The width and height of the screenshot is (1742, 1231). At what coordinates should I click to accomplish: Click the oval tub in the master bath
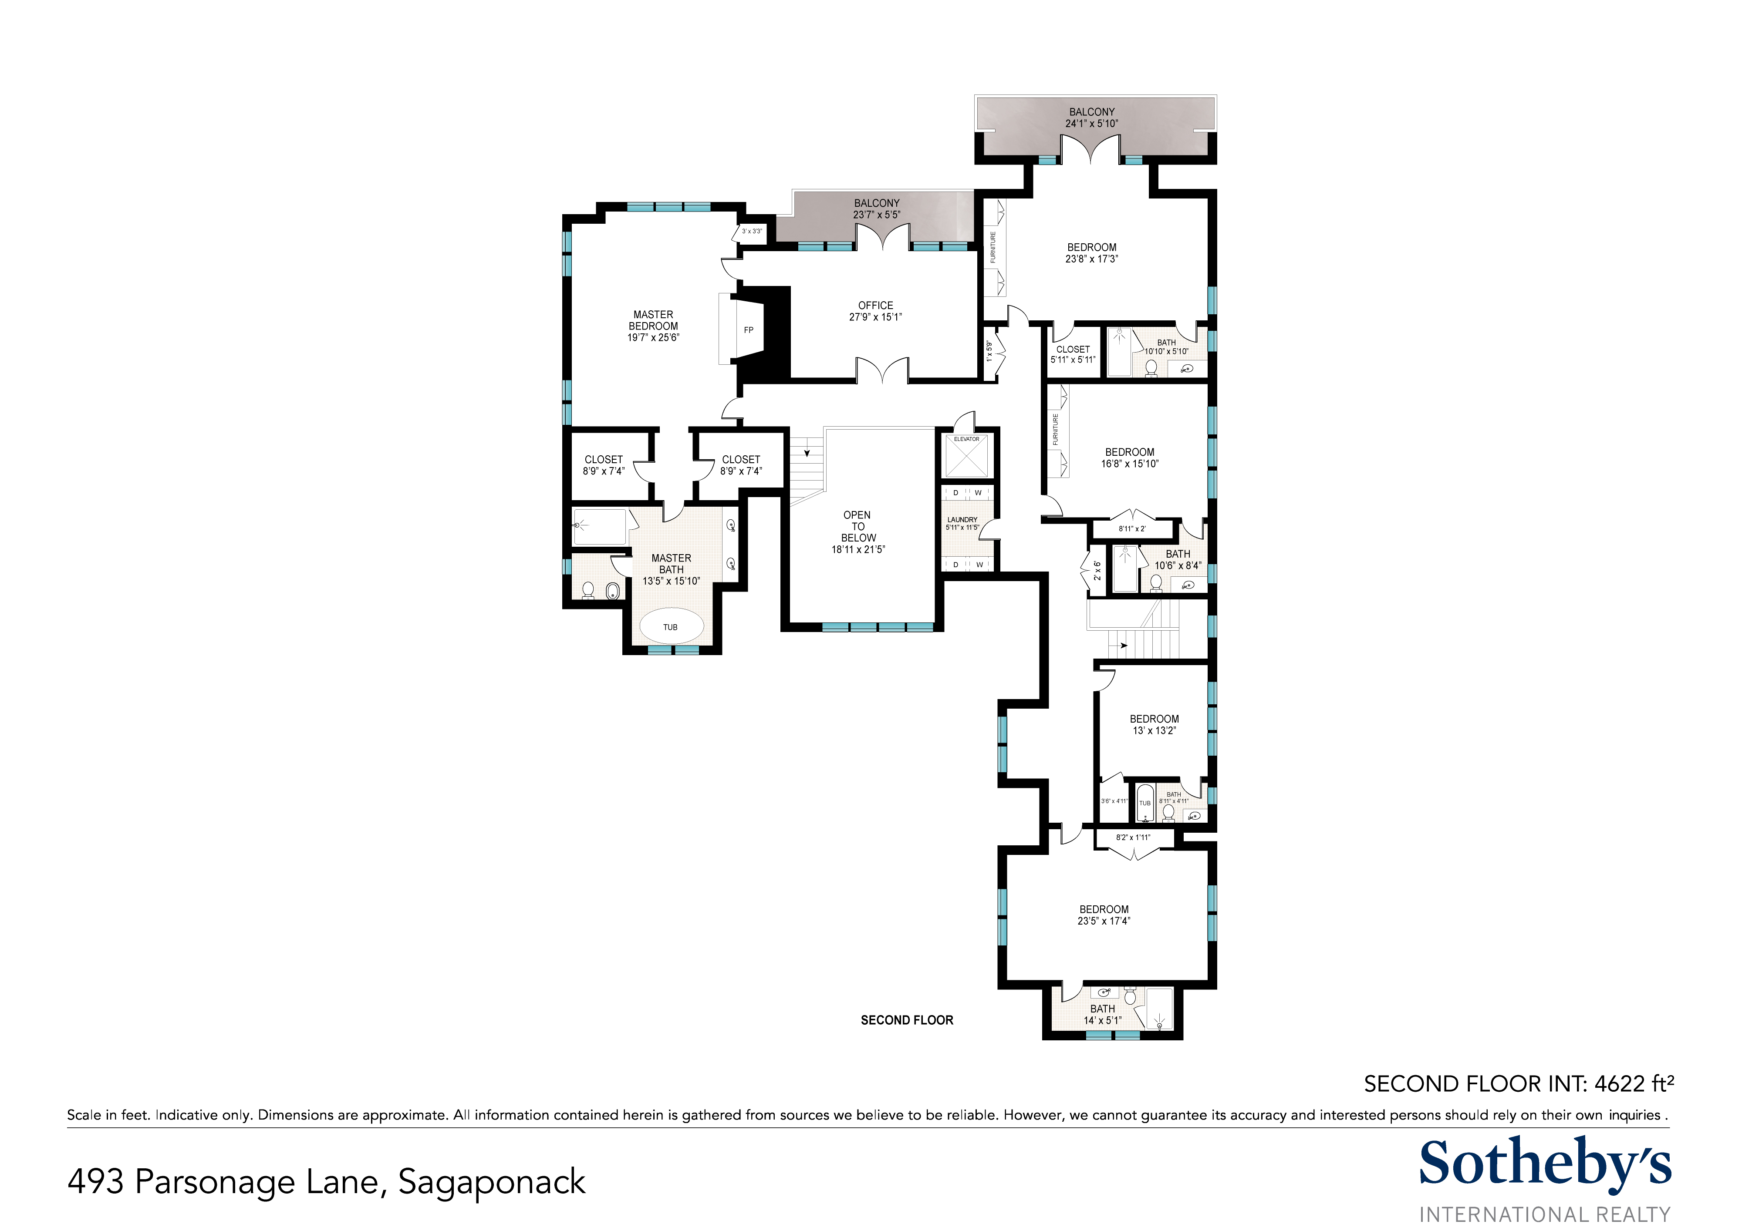click(671, 626)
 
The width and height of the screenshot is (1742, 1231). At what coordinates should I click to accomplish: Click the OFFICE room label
click(875, 305)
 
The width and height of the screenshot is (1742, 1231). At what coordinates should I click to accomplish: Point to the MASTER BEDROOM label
click(653, 320)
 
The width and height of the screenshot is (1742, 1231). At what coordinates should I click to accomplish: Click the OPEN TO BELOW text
click(857, 526)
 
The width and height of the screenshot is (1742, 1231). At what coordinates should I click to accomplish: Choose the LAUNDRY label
click(962, 520)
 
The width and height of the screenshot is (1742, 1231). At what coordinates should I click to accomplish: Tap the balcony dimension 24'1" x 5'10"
click(1092, 124)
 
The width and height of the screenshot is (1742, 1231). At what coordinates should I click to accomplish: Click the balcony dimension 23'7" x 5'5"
click(876, 215)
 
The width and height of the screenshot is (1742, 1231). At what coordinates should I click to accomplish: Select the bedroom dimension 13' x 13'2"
click(1154, 730)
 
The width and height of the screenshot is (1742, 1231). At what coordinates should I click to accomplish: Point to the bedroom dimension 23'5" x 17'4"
click(1104, 921)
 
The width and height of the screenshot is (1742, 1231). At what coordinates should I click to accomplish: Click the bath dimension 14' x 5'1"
click(1102, 1020)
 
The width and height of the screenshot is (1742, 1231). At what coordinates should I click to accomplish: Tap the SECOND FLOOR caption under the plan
click(907, 1020)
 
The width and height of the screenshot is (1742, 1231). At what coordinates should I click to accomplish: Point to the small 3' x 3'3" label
click(752, 231)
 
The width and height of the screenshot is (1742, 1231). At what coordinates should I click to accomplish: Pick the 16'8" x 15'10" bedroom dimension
click(1130, 464)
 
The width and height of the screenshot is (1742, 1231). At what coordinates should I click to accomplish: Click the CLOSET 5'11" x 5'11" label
click(1073, 354)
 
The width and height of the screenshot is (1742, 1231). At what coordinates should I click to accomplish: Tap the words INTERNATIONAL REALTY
click(1545, 1214)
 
